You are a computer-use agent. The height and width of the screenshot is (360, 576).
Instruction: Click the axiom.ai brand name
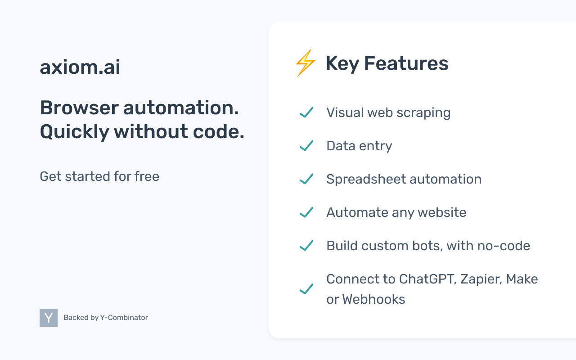coord(80,67)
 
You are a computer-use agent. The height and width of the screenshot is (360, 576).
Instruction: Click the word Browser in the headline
coord(79,108)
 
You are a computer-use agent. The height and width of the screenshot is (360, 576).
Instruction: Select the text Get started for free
coord(99,176)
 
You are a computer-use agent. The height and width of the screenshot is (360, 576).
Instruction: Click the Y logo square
coord(49,318)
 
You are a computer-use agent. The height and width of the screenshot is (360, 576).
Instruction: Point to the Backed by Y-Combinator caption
coord(106,318)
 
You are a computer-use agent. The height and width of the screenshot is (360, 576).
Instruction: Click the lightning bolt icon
coord(305,63)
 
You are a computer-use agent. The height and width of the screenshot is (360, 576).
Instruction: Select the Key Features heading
coord(387,63)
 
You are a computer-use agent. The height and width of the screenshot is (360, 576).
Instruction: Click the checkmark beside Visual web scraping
coord(306,112)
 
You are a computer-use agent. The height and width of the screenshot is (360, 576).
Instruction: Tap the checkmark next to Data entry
coord(306,146)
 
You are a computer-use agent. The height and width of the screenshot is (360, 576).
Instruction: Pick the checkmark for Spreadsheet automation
coord(306,179)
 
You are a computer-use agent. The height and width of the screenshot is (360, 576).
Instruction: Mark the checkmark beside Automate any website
coord(306,212)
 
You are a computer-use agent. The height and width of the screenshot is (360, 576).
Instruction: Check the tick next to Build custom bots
coord(306,246)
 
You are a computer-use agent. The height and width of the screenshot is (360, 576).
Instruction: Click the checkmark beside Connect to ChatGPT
coord(306,289)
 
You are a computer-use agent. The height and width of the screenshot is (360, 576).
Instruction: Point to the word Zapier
coord(482,279)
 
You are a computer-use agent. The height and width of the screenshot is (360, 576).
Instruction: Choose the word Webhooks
coord(373,299)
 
